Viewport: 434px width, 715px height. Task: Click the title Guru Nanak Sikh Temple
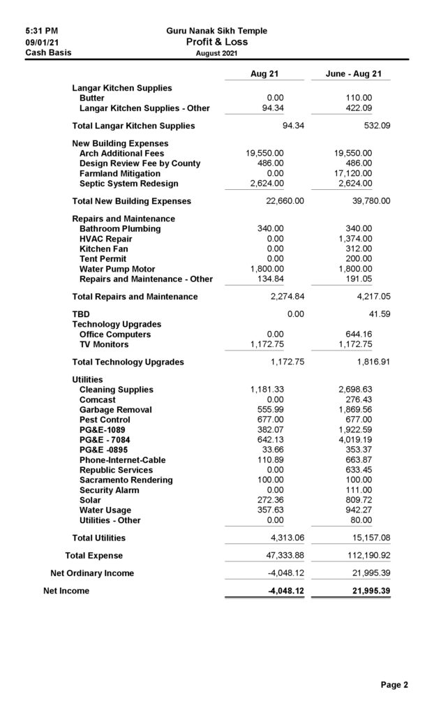tap(216, 31)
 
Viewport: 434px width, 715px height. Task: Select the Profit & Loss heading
tap(216, 42)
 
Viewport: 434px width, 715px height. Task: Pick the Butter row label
tap(92, 98)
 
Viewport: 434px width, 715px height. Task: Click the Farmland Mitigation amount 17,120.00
tap(355, 173)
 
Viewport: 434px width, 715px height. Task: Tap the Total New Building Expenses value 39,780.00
tap(367, 201)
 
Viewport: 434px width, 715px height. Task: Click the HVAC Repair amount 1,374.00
tap(356, 239)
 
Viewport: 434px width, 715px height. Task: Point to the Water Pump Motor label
tap(117, 269)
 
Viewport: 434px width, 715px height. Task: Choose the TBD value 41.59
tap(377, 314)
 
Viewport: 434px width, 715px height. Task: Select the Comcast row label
tap(99, 399)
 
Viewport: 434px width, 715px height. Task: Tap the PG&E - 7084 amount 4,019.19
tap(356, 440)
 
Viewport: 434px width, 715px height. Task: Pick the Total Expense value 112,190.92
tap(365, 556)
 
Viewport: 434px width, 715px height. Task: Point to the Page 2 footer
tap(394, 685)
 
